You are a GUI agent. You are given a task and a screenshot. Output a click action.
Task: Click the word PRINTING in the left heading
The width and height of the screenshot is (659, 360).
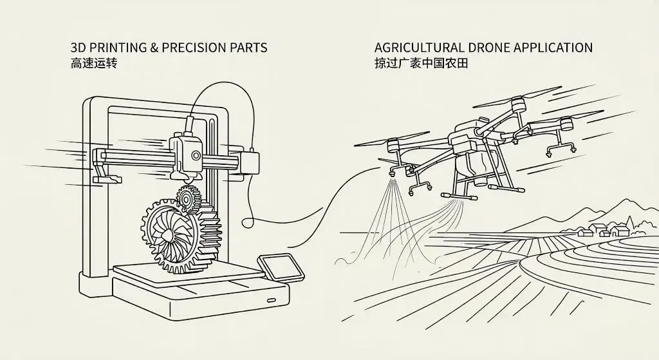tap(113, 48)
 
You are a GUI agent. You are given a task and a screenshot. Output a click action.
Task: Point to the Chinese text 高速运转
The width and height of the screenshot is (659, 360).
tap(93, 64)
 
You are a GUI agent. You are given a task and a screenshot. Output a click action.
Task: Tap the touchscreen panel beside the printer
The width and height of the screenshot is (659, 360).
tap(281, 267)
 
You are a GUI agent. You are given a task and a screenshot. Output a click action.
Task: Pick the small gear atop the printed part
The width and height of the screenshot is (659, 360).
tap(187, 198)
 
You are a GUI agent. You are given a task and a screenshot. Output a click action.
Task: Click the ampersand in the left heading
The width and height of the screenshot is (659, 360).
tap(154, 48)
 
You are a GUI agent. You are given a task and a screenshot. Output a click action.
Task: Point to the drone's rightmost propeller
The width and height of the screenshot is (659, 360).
tap(566, 119)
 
